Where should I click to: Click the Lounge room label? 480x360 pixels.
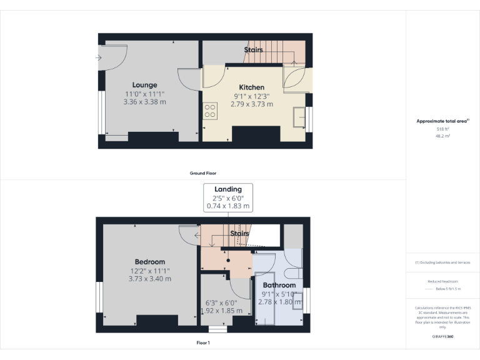coord(144,85)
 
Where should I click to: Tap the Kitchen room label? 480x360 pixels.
coord(252,87)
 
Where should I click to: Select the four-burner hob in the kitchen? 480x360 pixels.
coord(210,111)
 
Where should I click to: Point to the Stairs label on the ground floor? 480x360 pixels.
coord(253,49)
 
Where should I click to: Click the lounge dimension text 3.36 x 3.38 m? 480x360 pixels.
coord(144,101)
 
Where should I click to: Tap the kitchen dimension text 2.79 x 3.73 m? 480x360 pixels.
coord(252,104)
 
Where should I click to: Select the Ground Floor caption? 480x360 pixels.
coord(203,173)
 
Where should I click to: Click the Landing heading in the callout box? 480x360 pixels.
coord(227,189)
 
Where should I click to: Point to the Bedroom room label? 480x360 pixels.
coord(150,262)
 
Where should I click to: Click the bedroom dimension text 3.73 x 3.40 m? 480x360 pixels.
coord(150,279)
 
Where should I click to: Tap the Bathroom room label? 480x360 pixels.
coord(279,285)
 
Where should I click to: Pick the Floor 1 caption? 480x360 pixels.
coord(203,343)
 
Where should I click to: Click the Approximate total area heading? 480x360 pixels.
coord(441,121)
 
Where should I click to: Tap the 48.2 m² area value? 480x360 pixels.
coord(442,135)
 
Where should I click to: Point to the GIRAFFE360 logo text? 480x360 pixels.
coord(442,337)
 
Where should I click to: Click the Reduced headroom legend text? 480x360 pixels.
coord(442,282)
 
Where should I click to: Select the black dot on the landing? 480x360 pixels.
coord(227,261)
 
